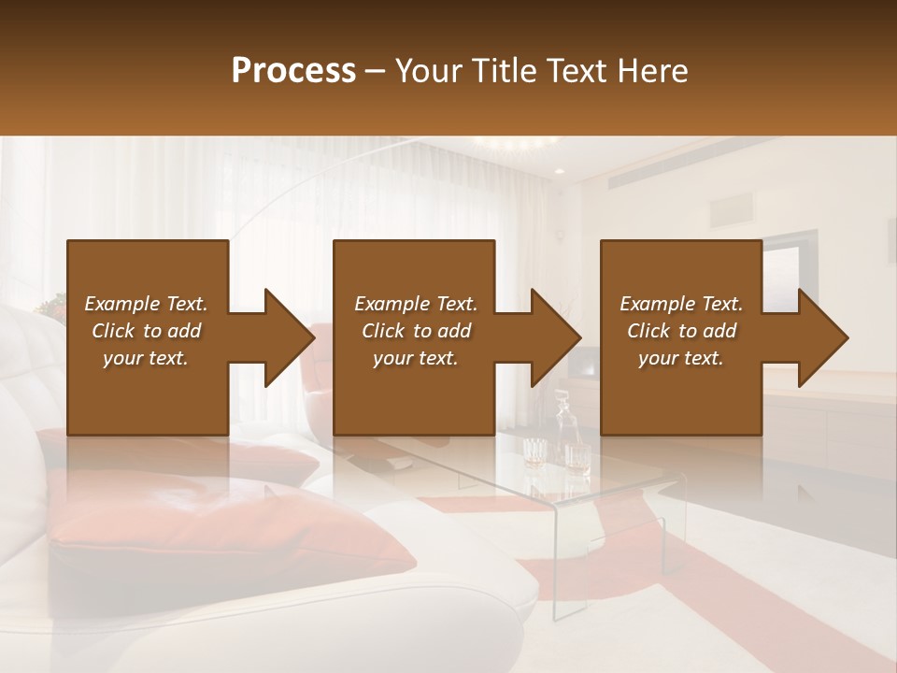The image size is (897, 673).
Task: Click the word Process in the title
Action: point(293,70)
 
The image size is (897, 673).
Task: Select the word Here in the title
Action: point(652,70)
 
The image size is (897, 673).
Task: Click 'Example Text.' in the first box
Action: point(146,304)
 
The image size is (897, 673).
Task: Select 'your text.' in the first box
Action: point(146,358)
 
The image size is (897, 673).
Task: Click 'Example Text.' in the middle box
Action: point(416,304)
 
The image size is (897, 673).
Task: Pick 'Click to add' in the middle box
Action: point(416,331)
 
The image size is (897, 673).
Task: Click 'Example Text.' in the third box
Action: point(681,304)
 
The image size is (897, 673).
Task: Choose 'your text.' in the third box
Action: point(681,358)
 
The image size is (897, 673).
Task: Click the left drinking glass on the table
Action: point(534,452)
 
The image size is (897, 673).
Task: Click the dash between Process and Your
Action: point(376,71)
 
